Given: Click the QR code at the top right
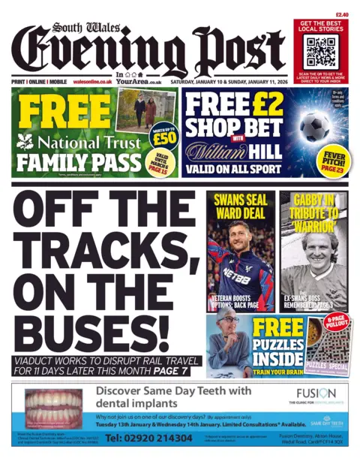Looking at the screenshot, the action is (x=320, y=52).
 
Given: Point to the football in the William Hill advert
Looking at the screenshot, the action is (x=315, y=126).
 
